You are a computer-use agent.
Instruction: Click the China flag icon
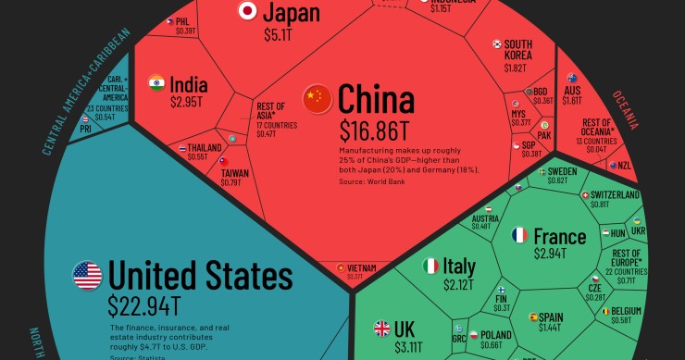click(x=318, y=96)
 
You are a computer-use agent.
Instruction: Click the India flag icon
click(x=156, y=83)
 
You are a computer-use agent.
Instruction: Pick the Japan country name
click(x=292, y=12)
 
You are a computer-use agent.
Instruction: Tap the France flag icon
click(x=519, y=235)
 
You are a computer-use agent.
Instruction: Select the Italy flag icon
click(x=430, y=267)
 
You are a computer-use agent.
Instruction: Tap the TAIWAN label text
click(x=234, y=173)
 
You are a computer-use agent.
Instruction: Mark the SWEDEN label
click(x=562, y=171)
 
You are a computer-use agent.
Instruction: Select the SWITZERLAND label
click(x=615, y=195)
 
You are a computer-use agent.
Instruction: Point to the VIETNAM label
click(x=362, y=268)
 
